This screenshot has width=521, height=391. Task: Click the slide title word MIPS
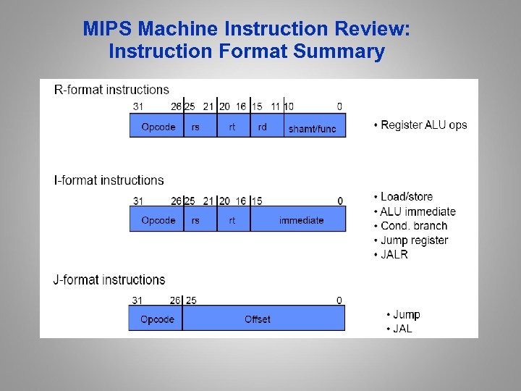(108, 29)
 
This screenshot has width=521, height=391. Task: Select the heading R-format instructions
(111, 90)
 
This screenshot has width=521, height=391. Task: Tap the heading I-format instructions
(109, 180)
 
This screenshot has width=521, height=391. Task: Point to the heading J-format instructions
(109, 279)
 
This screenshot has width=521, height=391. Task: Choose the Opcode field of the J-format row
(156, 319)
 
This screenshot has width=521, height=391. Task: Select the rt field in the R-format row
(233, 126)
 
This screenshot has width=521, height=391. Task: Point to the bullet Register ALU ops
(420, 125)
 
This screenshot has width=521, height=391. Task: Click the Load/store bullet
(407, 197)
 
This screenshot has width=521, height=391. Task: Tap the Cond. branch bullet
(414, 226)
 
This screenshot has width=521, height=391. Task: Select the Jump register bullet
(414, 240)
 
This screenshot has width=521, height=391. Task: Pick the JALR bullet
(394, 255)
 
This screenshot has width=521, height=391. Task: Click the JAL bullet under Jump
(402, 329)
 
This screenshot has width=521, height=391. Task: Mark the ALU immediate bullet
(418, 211)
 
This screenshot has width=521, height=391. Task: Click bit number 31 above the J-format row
(137, 300)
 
